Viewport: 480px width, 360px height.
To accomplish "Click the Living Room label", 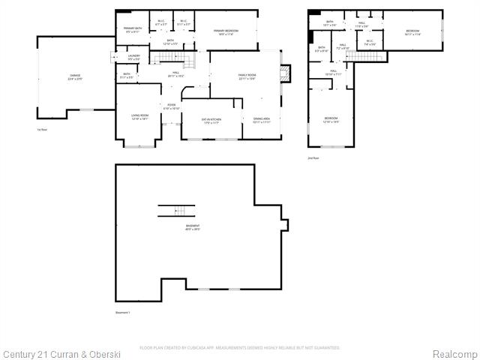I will (x=139, y=116).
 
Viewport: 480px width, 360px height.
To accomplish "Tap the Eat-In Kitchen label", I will (x=211, y=121).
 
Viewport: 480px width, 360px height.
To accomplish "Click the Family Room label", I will (x=248, y=76).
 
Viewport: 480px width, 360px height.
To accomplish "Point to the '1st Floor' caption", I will (x=43, y=130).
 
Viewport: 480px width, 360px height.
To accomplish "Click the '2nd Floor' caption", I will (x=313, y=158).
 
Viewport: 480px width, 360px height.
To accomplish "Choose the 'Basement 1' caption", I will (x=123, y=312).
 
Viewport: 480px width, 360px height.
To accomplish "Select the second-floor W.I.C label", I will (x=370, y=43).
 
